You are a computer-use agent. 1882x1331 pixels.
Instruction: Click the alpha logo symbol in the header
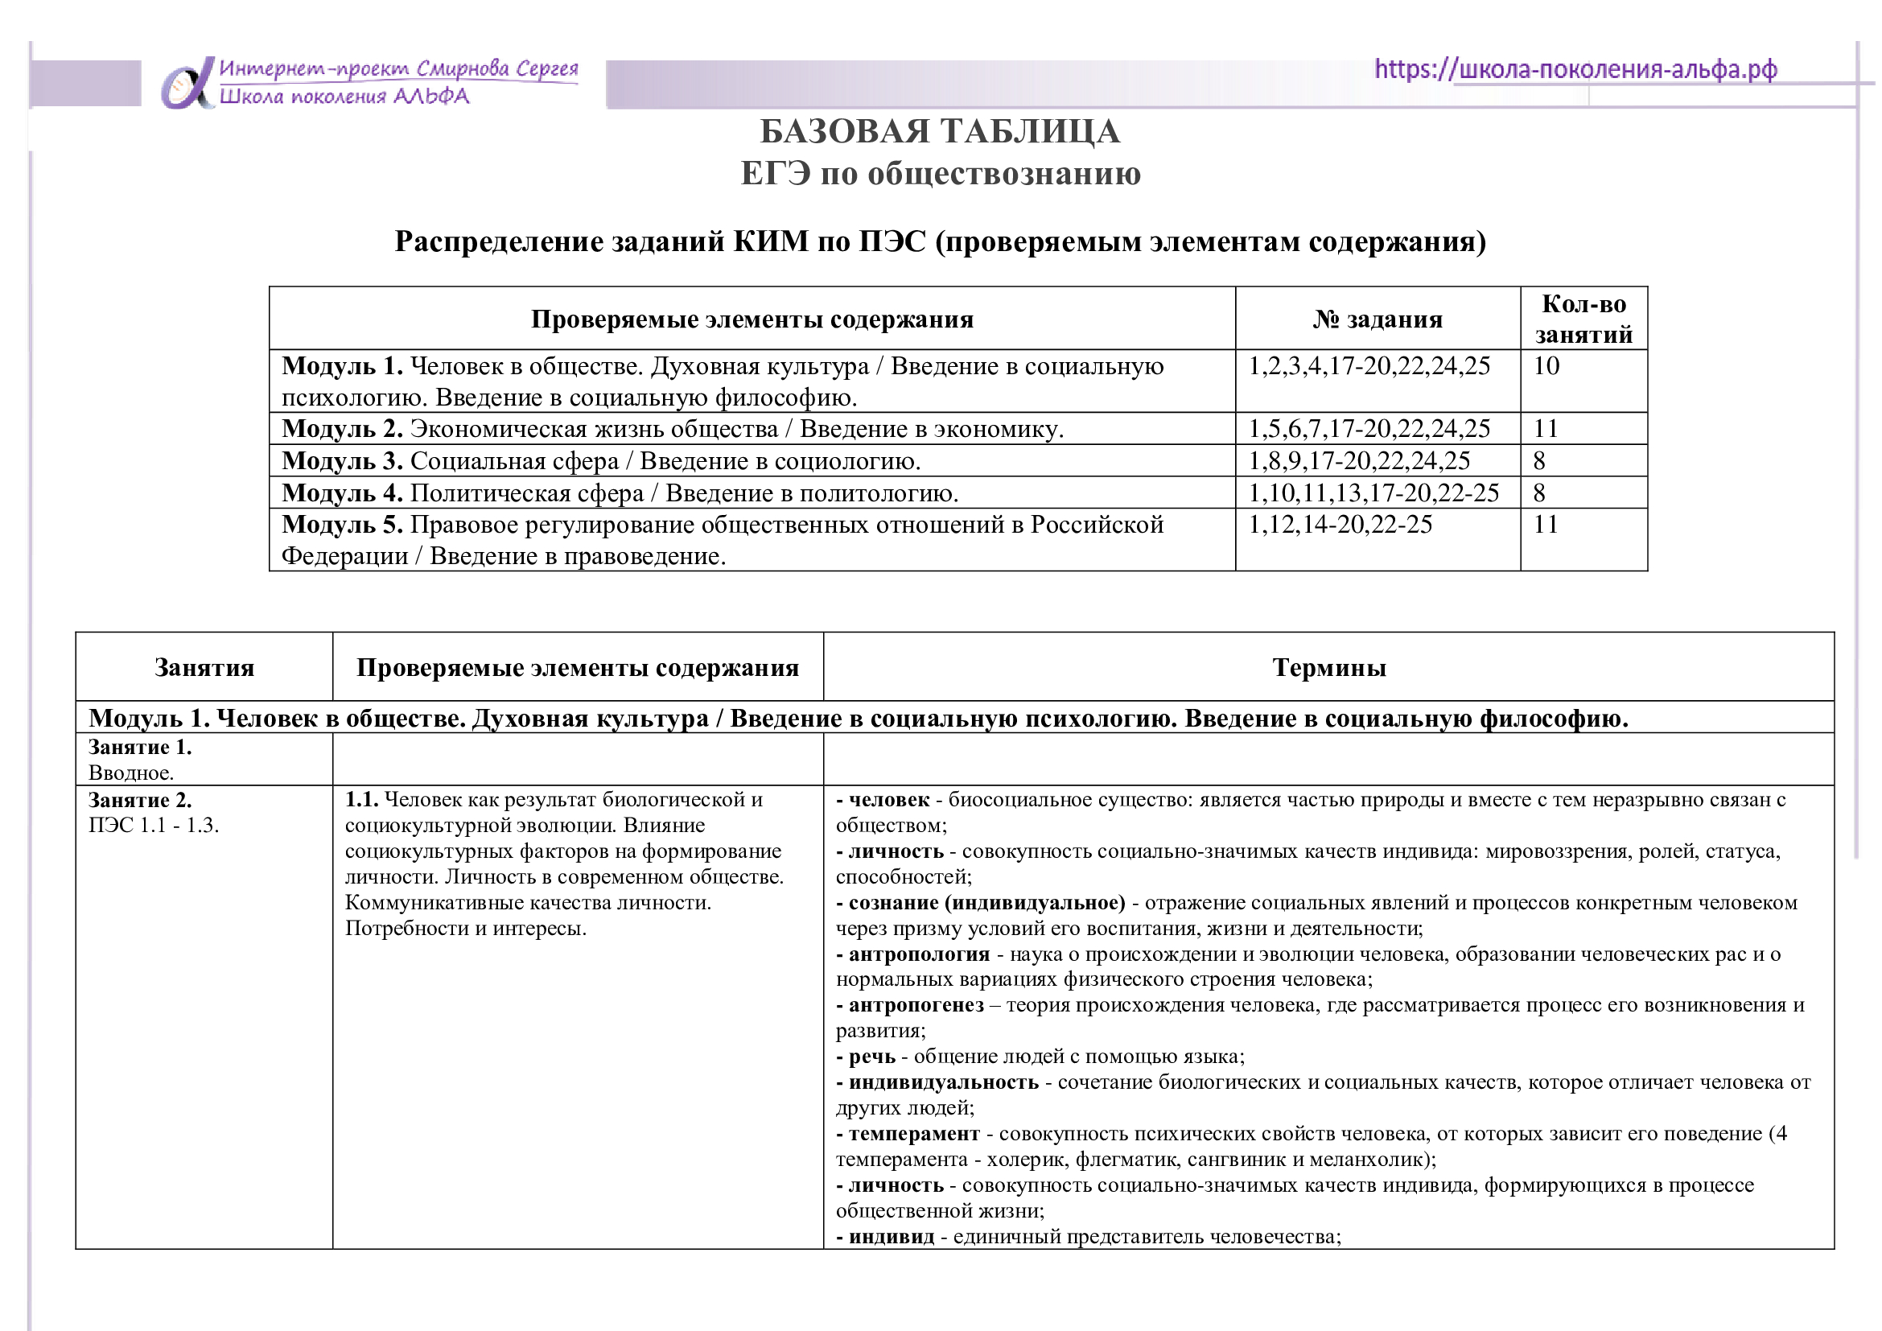point(187,84)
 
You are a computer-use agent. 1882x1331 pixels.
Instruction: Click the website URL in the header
point(1575,70)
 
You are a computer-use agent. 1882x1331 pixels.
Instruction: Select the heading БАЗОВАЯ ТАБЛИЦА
point(939,132)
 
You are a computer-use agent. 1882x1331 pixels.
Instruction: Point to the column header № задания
point(1377,319)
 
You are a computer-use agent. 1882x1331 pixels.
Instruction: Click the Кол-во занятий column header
point(1583,319)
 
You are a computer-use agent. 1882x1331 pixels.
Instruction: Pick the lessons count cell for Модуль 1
point(1546,366)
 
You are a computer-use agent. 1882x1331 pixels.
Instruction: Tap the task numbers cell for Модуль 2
point(1369,429)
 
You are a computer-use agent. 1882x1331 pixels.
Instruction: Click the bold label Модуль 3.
point(342,461)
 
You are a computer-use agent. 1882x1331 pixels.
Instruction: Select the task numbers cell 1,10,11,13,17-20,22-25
point(1373,493)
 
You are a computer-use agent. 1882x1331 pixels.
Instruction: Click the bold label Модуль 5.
point(342,525)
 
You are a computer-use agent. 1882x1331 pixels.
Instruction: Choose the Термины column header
point(1328,668)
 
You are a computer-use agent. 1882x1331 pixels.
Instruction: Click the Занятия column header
point(204,668)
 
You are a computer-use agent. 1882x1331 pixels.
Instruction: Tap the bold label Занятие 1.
point(139,748)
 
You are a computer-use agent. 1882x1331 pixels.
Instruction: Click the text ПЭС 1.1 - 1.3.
point(154,826)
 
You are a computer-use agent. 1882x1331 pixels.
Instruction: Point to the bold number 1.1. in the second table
point(361,800)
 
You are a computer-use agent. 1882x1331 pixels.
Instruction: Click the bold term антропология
point(919,954)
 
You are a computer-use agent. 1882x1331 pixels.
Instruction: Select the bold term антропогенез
point(916,1006)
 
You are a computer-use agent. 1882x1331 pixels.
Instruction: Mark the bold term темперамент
point(914,1135)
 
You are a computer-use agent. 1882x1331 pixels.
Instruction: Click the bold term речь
point(872,1057)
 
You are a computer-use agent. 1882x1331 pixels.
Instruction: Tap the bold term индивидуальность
point(944,1082)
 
